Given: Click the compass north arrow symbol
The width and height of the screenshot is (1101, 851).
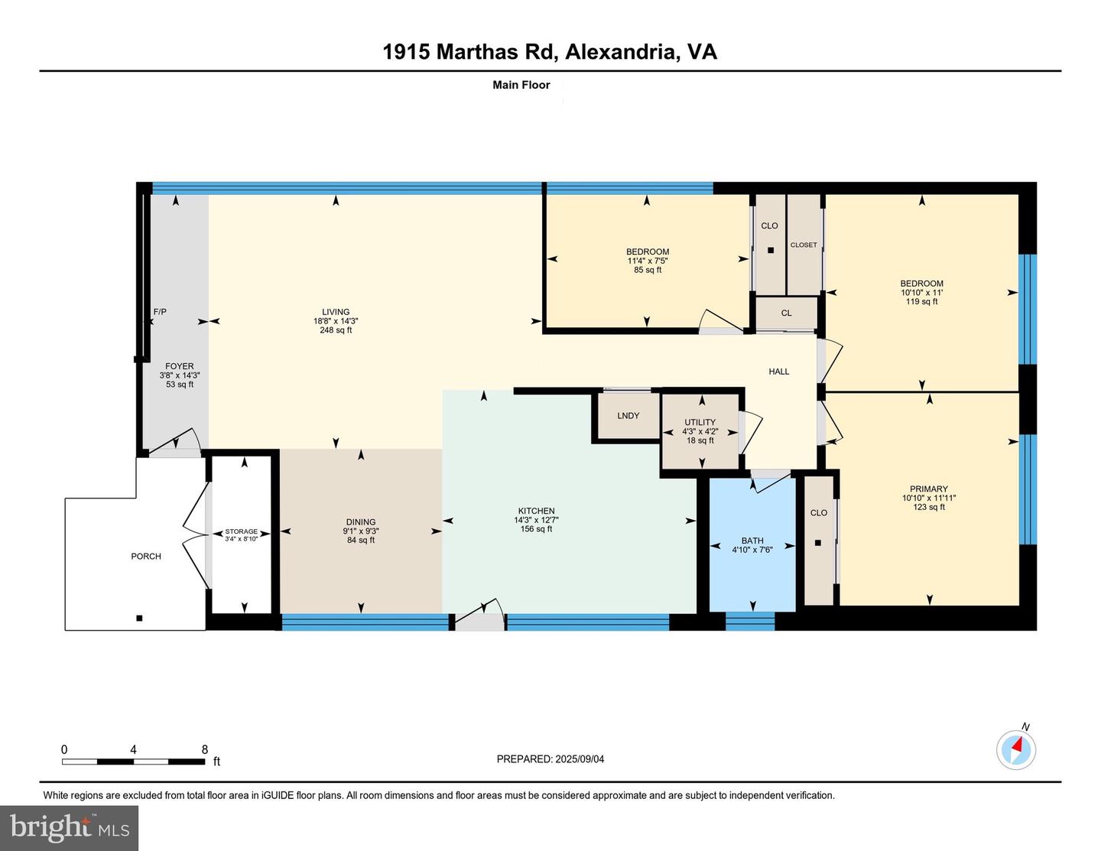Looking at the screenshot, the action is (1016, 749).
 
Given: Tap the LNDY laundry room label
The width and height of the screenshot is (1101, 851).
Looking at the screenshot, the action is (628, 415).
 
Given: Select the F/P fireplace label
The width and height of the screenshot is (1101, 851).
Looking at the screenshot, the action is (160, 311).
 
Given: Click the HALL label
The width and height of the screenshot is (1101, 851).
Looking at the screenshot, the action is (779, 372).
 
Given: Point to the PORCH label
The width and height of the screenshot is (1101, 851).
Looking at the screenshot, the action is (146, 556).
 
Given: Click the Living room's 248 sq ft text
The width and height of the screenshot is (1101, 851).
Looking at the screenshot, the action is (336, 330).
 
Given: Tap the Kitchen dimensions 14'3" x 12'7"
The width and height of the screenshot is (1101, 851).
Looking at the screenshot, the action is (536, 520).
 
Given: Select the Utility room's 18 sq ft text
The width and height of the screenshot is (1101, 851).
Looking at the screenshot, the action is (700, 440).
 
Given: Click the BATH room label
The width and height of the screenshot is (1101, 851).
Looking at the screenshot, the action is (752, 541).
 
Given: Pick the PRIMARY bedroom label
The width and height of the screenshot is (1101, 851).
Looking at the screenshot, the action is (929, 489).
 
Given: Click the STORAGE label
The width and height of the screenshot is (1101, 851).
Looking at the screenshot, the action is (241, 531).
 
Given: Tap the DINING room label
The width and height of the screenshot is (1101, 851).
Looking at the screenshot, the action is (361, 521).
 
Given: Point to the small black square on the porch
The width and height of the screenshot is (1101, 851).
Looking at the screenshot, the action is (139, 618).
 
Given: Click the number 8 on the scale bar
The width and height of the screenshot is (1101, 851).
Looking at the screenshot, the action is (205, 749).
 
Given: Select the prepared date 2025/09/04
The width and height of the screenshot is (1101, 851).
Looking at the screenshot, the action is (580, 758).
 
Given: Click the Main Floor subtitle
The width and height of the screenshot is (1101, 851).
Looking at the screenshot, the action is (521, 85).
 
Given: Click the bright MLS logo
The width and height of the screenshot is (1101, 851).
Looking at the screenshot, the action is (69, 828).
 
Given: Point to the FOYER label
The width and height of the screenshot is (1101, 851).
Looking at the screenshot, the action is (180, 365).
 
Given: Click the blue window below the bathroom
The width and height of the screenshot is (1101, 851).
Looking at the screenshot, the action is (750, 622).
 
